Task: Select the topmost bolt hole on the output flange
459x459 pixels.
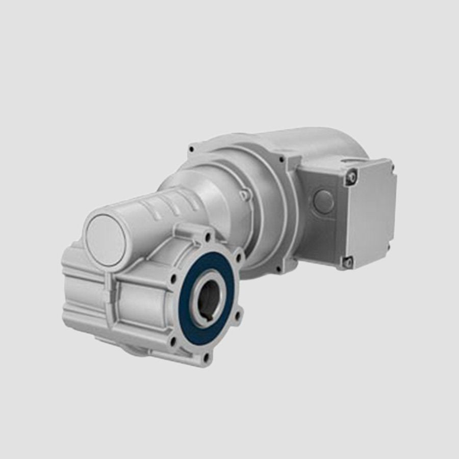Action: [x=208, y=237]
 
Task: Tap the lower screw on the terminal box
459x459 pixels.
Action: [x=348, y=262]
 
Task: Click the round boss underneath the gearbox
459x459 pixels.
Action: [x=134, y=349]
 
